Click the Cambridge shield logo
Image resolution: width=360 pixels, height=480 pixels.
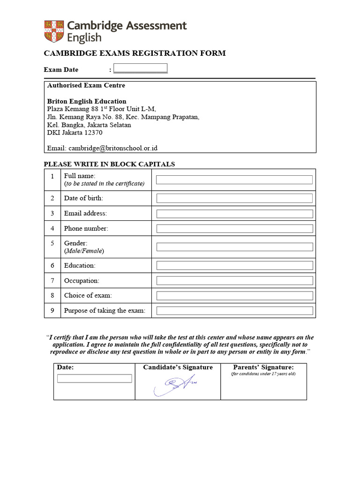(x=54, y=31)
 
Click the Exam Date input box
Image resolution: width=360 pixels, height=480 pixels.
(x=140, y=68)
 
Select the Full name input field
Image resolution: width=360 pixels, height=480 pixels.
(x=234, y=180)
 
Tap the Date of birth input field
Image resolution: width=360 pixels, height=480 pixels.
(x=234, y=198)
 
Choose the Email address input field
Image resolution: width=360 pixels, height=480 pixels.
(x=234, y=214)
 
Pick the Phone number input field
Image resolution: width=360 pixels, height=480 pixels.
(x=234, y=229)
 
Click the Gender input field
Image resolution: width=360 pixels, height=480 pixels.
(x=234, y=247)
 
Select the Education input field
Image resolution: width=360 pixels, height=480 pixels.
(x=234, y=265)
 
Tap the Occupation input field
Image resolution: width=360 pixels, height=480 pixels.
(x=234, y=280)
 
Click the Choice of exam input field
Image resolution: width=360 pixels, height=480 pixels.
(x=234, y=296)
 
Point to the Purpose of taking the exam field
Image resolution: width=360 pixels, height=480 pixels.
(x=234, y=310)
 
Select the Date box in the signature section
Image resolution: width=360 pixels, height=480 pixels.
(x=94, y=378)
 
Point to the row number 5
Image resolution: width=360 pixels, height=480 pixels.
(x=52, y=243)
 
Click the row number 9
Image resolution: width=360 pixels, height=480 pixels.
(x=52, y=310)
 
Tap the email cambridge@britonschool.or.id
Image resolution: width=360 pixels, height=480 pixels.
(x=112, y=148)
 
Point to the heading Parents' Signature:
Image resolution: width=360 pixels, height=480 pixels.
(x=263, y=367)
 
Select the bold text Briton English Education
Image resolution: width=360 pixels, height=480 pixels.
(x=87, y=101)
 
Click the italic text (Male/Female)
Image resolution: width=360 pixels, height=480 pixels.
(x=84, y=251)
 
